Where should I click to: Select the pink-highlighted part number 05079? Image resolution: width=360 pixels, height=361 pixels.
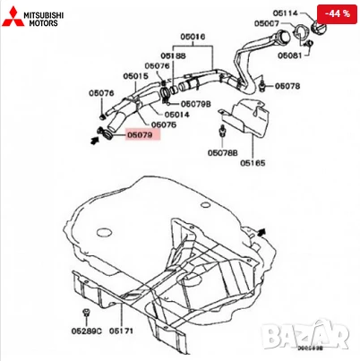tap(139, 135)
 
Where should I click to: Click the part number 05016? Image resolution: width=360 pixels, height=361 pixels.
tap(193, 38)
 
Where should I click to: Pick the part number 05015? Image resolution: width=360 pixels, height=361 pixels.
tap(135, 77)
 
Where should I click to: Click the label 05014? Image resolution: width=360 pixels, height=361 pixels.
tap(176, 115)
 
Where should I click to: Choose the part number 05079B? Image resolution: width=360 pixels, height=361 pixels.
tap(198, 103)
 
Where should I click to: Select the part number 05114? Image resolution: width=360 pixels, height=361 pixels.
tap(286, 13)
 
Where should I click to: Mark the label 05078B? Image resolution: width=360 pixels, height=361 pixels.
tap(222, 153)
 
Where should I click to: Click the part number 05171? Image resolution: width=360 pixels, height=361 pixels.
tap(122, 331)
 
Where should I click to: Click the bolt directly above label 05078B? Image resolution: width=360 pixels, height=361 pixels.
tap(219, 133)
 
